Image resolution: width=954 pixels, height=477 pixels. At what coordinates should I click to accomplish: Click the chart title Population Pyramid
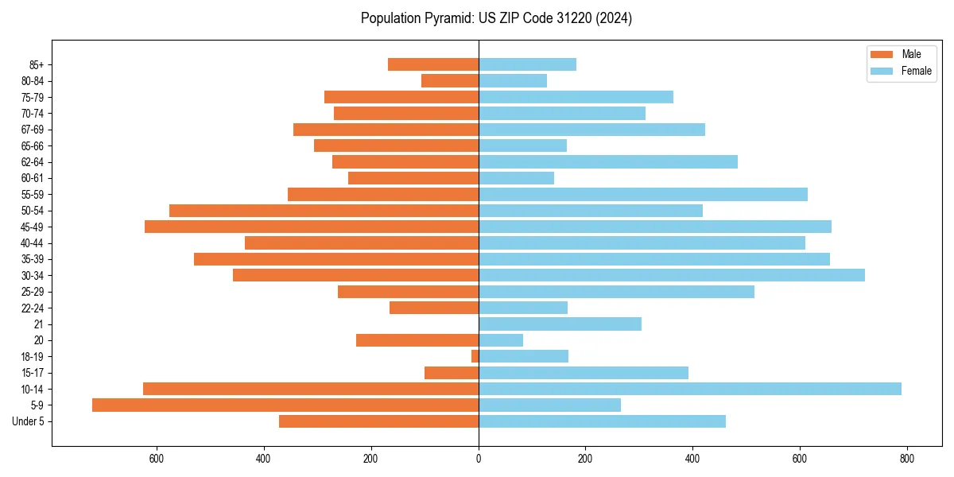click(x=496, y=18)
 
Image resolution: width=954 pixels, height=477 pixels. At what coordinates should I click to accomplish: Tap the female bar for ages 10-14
click(x=689, y=389)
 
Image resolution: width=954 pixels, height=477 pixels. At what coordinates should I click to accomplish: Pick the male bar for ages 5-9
click(x=285, y=405)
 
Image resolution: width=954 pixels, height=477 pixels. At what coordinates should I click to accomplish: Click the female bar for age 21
click(x=560, y=324)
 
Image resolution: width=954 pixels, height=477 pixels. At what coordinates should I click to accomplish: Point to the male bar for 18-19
click(x=475, y=356)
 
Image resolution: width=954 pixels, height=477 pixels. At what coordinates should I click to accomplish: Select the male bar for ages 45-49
click(x=312, y=227)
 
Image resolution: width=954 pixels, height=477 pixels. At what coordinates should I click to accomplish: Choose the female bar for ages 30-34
click(x=671, y=275)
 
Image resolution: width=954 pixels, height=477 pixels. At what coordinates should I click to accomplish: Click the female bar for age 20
click(x=501, y=340)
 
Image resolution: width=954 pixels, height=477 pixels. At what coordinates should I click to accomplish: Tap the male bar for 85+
click(x=433, y=64)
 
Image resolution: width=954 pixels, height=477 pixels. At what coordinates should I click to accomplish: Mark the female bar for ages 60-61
click(x=516, y=178)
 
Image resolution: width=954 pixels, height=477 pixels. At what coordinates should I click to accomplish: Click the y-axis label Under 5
click(x=28, y=421)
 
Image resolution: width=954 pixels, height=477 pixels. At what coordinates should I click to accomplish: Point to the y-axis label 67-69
click(x=33, y=130)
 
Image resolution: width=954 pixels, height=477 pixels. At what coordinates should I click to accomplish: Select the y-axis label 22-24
click(x=33, y=308)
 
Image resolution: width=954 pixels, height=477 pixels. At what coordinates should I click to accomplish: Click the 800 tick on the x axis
click(x=907, y=459)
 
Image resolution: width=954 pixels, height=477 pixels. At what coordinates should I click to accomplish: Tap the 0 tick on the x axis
click(x=479, y=459)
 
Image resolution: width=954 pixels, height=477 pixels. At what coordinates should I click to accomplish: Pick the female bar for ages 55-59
click(x=642, y=194)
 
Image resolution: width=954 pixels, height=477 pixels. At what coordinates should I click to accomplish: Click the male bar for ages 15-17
click(x=452, y=373)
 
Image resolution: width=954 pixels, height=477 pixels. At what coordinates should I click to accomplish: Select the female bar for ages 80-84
click(x=513, y=80)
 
